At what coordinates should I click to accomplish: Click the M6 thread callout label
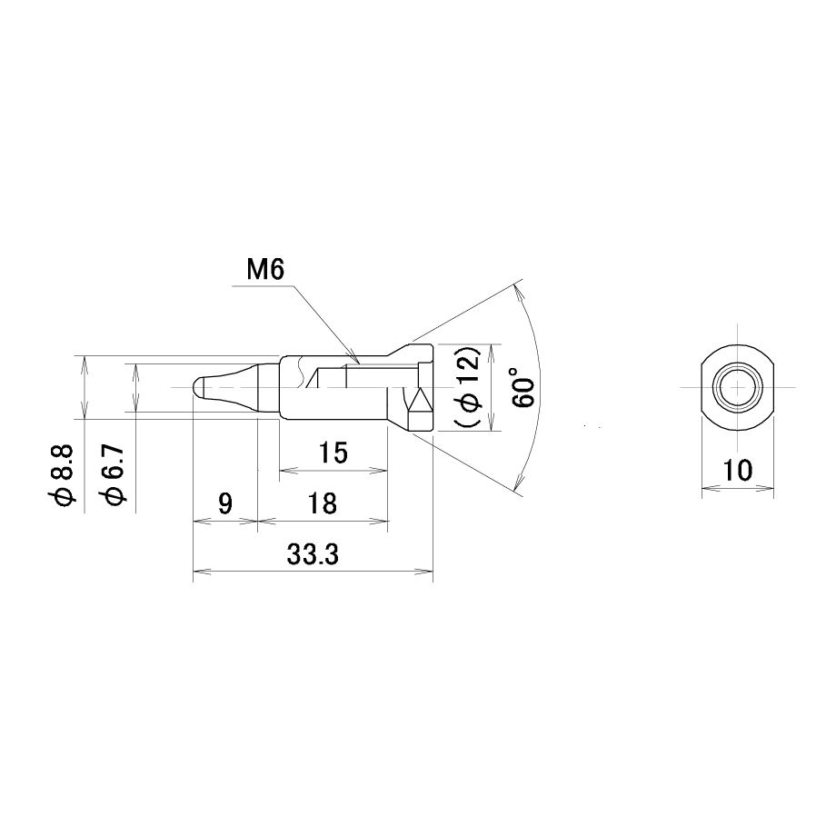(x=265, y=270)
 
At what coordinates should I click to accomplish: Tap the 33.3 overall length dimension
(x=313, y=555)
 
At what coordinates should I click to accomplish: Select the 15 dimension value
(x=333, y=453)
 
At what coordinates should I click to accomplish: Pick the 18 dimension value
(x=322, y=503)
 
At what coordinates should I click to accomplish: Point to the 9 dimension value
(x=225, y=503)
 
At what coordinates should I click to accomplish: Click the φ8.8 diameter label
(x=62, y=476)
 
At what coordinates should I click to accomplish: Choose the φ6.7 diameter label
(x=114, y=476)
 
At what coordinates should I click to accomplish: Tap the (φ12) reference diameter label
(x=468, y=388)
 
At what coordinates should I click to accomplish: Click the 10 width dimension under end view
(x=737, y=471)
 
